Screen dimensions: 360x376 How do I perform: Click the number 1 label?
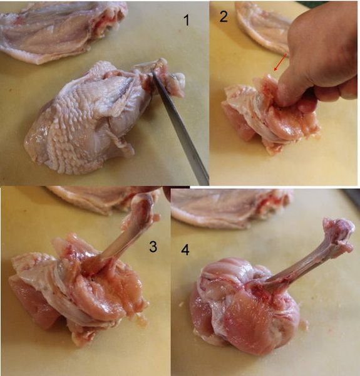click(187, 20)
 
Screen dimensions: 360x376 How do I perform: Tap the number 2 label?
click(224, 16)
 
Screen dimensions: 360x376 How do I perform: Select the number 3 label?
click(153, 246)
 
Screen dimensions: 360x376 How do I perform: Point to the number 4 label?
click(185, 250)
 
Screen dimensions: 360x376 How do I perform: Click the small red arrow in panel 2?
click(280, 62)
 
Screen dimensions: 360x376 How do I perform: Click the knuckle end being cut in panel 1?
click(165, 76)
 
